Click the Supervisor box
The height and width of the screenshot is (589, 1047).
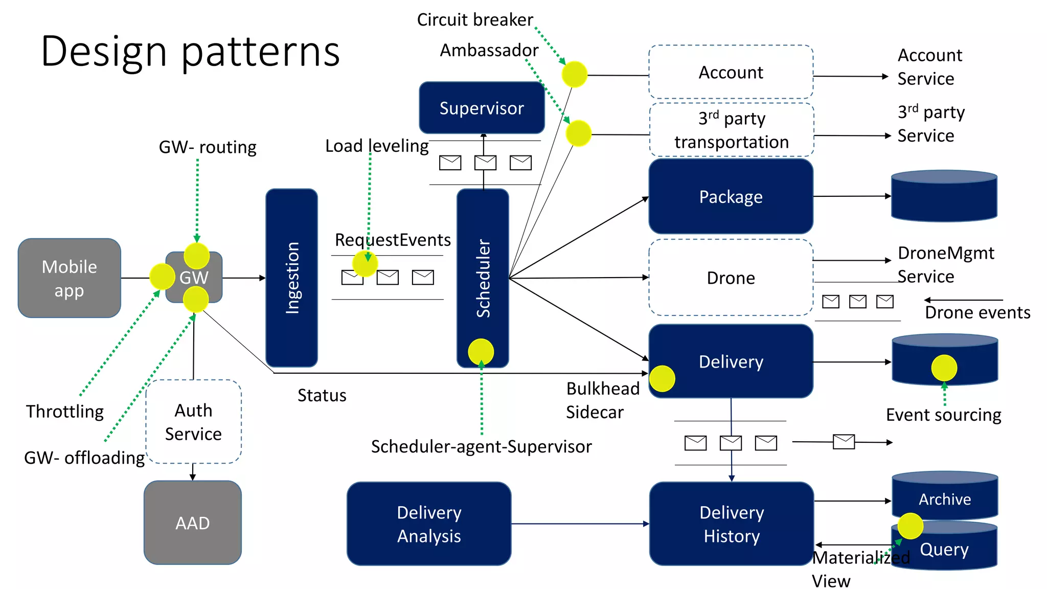(481, 108)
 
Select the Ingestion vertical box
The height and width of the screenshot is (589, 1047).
(291, 278)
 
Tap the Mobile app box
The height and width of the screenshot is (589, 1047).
(69, 278)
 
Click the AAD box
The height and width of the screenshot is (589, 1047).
(192, 523)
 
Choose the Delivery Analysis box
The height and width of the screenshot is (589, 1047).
(428, 524)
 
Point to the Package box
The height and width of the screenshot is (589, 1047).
(731, 196)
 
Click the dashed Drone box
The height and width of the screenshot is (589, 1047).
(731, 278)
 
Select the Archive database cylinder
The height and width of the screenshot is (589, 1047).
(945, 499)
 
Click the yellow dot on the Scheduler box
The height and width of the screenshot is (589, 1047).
(481, 352)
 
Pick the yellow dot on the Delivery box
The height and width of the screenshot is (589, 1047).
(662, 378)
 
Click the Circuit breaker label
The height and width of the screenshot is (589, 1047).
(474, 19)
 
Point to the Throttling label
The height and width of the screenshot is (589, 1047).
(65, 411)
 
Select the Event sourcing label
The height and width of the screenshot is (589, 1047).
(943, 415)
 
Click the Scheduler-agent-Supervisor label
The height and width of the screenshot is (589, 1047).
(481, 446)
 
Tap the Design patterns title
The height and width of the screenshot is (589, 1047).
(190, 51)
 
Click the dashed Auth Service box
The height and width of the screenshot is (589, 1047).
(193, 422)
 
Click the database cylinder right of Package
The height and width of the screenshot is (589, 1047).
(944, 197)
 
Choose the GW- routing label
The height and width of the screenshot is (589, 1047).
(208, 147)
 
